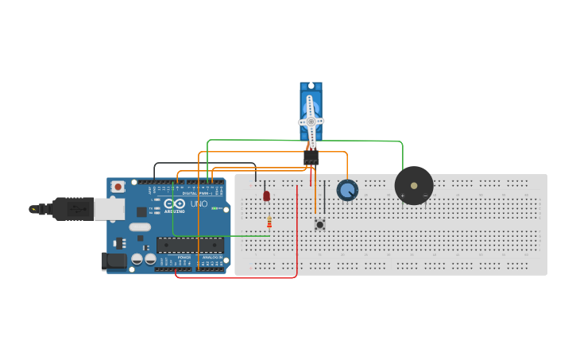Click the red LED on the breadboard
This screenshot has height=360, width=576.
[266, 195]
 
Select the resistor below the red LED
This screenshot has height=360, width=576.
[269, 222]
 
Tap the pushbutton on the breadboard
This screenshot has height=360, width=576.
[319, 225]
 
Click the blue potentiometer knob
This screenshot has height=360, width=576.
[347, 190]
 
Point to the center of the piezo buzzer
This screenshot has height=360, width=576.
[414, 185]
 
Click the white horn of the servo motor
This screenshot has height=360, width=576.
[311, 121]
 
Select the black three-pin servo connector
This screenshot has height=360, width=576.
[311, 159]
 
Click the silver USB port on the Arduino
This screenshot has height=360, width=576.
[109, 208]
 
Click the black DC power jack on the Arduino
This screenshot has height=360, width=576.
[114, 261]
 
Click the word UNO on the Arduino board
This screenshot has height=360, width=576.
[199, 204]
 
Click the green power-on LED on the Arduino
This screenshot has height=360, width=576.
[214, 208]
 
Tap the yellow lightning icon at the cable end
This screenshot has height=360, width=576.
[33, 209]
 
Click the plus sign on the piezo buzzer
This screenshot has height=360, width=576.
[402, 195]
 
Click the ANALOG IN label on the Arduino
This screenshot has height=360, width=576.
[212, 257]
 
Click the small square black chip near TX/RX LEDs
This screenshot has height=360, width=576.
[141, 211]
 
